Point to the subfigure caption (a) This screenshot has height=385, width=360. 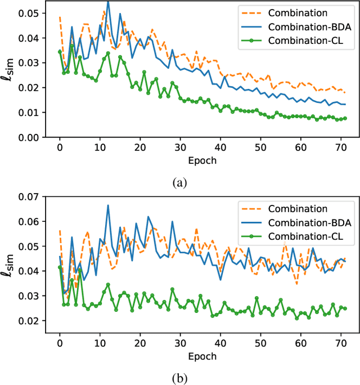pyautogui.click(x=179, y=182)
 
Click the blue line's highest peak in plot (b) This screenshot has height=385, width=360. pyautogui.click(x=108, y=205)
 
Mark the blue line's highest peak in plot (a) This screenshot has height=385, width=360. pyautogui.click(x=108, y=2)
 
